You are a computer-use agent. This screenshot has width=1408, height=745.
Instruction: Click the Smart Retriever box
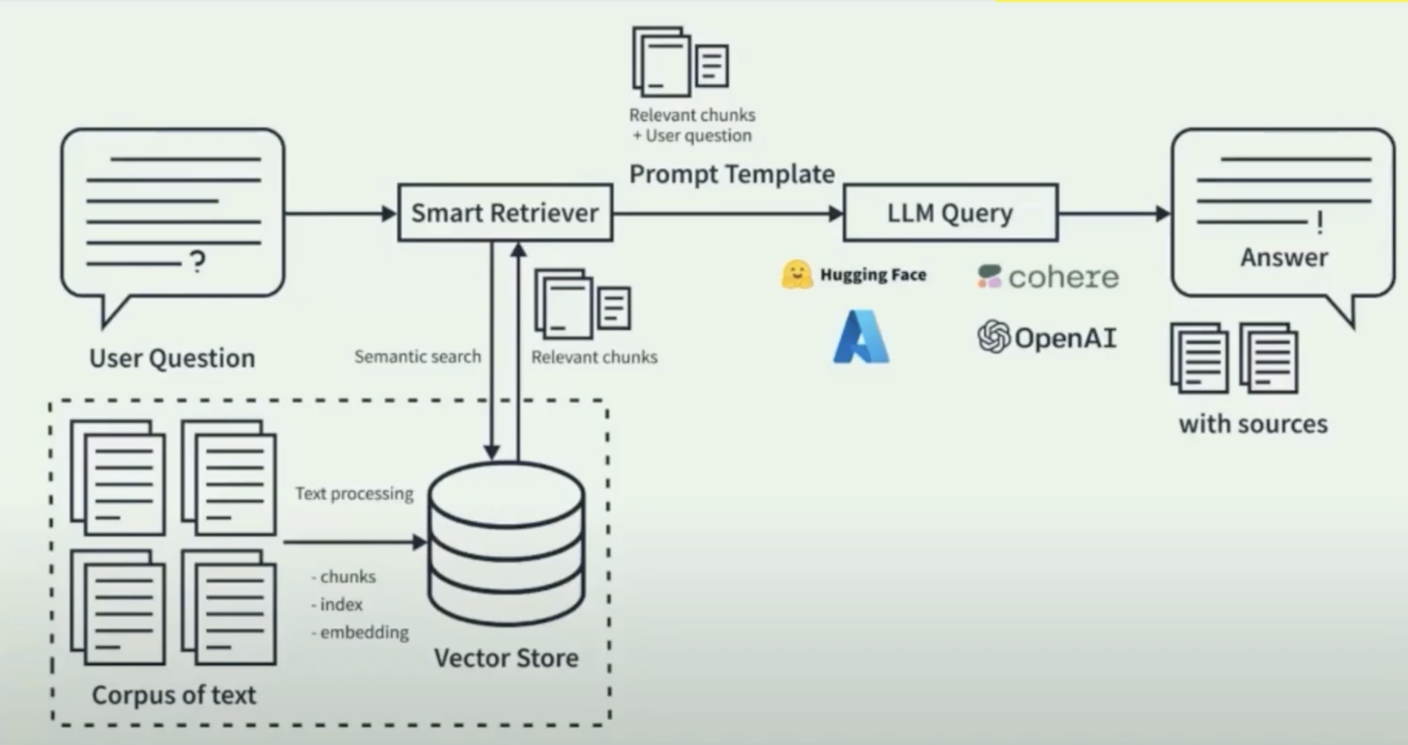tap(505, 213)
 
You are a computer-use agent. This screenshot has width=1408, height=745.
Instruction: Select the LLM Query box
tap(951, 213)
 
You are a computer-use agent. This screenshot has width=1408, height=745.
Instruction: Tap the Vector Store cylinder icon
tap(506, 543)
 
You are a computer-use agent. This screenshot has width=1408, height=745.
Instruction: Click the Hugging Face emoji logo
tap(797, 275)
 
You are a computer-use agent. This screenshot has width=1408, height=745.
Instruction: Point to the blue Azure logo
tap(861, 337)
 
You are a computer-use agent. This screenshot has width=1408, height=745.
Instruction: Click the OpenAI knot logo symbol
tap(994, 337)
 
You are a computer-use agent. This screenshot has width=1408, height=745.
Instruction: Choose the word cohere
tap(1063, 277)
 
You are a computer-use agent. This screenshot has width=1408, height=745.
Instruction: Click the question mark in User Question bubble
tap(198, 262)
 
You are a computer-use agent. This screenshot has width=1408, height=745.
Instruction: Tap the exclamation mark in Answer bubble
tap(1319, 223)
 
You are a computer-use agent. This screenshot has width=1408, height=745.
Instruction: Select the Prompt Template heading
tap(732, 174)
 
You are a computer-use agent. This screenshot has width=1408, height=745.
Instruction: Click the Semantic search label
tap(417, 357)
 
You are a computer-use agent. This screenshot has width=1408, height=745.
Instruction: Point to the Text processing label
tap(354, 494)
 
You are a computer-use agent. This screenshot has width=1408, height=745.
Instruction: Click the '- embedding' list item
tap(360, 632)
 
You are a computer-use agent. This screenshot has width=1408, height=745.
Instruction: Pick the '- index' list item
tap(336, 604)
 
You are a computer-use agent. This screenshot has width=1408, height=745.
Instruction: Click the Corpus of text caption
tap(174, 695)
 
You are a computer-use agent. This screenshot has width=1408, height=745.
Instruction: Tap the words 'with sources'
tap(1253, 424)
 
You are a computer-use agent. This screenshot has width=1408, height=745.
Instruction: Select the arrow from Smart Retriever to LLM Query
tap(728, 214)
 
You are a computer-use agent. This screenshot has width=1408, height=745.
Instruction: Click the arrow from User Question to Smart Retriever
tap(341, 214)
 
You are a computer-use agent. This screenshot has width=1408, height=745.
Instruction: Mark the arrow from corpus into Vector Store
tap(355, 543)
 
